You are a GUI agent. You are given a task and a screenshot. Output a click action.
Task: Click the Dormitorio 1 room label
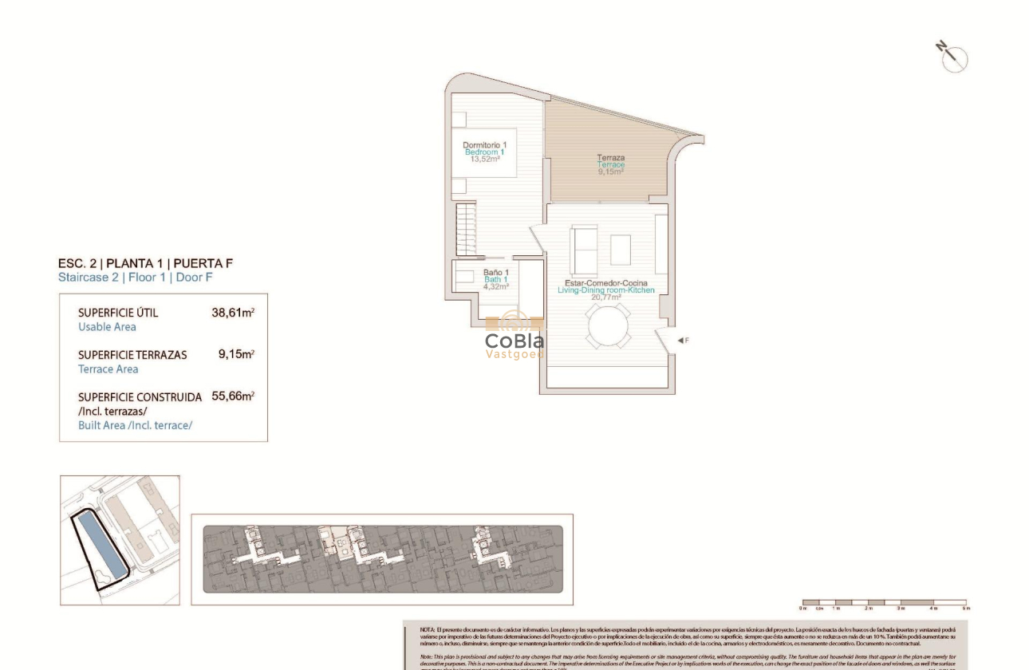pyautogui.click(x=484, y=144)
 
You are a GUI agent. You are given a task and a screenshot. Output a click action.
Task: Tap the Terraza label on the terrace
pyautogui.click(x=611, y=158)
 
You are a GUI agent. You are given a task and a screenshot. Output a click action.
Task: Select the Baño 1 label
pyautogui.click(x=495, y=273)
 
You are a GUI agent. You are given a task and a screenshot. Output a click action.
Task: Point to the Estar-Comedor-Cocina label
pyautogui.click(x=605, y=283)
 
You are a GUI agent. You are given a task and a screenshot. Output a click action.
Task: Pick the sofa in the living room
pyautogui.click(x=585, y=248)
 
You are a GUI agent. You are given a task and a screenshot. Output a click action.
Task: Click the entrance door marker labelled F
pyautogui.click(x=682, y=341)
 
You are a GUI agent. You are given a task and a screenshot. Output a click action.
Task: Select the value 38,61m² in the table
pyautogui.click(x=232, y=313)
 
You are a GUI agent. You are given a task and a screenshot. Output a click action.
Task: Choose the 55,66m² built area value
pyautogui.click(x=232, y=396)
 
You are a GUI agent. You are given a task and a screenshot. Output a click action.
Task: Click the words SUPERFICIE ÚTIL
pyautogui.click(x=118, y=313)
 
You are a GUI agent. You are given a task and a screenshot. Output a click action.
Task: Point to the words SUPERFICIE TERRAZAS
pyautogui.click(x=132, y=355)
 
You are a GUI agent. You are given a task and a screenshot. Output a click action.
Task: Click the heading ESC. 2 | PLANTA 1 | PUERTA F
pyautogui.click(x=146, y=263)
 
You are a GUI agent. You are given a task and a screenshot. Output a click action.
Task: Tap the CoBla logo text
pyautogui.click(x=514, y=341)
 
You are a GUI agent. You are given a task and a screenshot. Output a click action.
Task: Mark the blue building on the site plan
pyautogui.click(x=101, y=546)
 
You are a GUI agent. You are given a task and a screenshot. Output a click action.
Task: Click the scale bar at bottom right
pyautogui.click(x=884, y=603)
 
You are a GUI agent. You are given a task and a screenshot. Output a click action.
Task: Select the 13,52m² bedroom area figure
pyautogui.click(x=484, y=159)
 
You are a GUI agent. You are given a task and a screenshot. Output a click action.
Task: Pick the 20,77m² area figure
pyautogui.click(x=605, y=298)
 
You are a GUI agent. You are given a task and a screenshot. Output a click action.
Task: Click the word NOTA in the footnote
pyautogui.click(x=427, y=630)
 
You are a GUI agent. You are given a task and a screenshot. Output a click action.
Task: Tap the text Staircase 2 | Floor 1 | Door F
pyautogui.click(x=136, y=278)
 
